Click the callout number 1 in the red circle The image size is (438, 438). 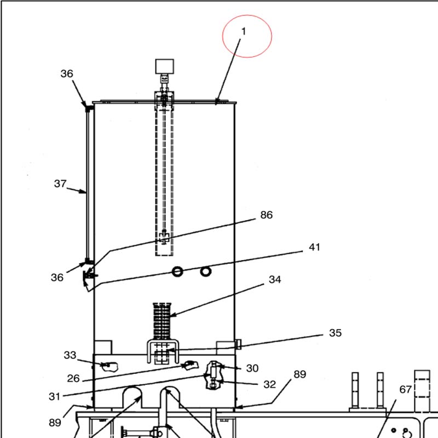(244, 31)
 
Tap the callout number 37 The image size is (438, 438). (60, 183)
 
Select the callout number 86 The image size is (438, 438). (267, 215)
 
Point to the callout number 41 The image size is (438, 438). (314, 247)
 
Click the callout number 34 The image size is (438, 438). (275, 279)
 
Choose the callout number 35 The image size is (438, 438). (335, 333)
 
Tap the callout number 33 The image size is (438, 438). (70, 355)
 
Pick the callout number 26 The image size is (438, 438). (73, 378)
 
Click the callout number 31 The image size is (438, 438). (54, 396)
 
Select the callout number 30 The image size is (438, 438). (252, 368)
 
